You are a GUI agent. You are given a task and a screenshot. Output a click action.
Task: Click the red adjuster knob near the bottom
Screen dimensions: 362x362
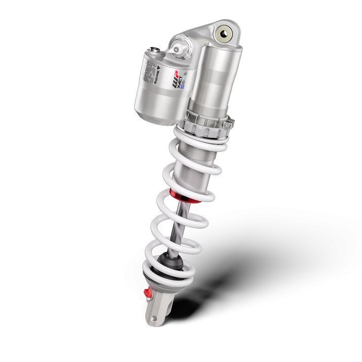click(x=148, y=293)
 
